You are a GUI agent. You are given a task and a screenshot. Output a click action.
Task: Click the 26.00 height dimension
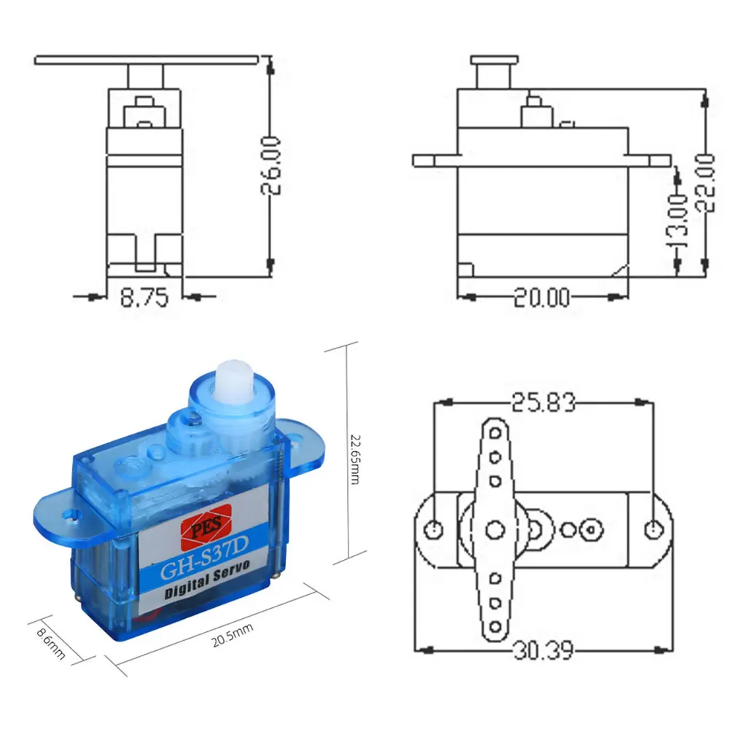click(x=271, y=165)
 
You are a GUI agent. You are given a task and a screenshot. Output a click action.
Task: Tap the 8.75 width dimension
click(x=144, y=297)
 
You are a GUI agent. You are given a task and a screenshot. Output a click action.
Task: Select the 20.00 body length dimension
click(x=542, y=297)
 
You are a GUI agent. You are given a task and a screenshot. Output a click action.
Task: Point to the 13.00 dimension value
click(x=678, y=222)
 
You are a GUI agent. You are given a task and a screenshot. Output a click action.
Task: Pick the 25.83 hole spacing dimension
click(x=544, y=402)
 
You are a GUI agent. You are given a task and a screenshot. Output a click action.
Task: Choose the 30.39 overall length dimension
click(x=544, y=650)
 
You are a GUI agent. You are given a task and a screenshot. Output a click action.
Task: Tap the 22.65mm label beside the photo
click(x=355, y=459)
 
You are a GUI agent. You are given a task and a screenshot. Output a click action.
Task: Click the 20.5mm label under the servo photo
click(x=233, y=635)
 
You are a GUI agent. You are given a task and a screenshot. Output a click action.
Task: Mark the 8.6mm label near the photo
click(x=51, y=644)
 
